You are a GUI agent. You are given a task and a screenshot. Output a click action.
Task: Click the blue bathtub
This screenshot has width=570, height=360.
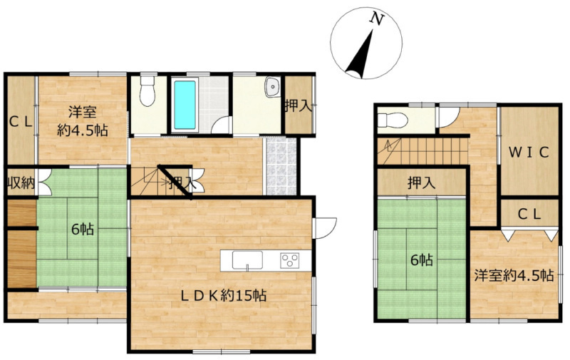pos(185,105)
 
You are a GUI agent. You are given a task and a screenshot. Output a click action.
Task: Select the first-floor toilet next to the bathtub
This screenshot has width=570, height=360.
pos(147,91)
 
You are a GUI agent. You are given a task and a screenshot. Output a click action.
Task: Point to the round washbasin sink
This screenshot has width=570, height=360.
pos(272,87)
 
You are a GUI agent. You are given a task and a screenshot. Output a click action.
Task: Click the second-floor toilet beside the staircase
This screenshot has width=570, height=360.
pos(392,120)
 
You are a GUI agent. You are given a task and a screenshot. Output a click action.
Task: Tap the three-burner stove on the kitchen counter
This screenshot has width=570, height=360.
pos(289,260)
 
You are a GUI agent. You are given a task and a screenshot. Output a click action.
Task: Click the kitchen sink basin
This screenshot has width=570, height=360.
pos(247,260)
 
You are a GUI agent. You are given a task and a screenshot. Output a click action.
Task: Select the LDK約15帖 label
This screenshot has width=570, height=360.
pos(224,295)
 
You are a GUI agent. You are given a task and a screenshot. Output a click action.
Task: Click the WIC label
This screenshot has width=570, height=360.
pos(529,153)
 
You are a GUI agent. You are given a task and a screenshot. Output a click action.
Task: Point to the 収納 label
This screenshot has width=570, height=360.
pos(21,183)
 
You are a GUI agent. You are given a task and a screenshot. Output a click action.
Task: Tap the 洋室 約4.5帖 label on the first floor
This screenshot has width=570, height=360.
pos(83,120)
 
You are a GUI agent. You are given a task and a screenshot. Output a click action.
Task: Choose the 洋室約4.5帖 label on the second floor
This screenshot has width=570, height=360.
pos(514,275)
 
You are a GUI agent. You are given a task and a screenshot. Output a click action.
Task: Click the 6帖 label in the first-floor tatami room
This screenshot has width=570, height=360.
pos(83,230)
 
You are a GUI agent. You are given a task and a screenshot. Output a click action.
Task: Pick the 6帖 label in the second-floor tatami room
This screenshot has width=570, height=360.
pos(421,260)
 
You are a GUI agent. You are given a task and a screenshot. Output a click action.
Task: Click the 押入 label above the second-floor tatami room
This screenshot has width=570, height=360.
pos(421,183)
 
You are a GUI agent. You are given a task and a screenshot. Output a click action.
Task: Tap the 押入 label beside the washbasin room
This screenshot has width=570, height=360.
pos(299,106)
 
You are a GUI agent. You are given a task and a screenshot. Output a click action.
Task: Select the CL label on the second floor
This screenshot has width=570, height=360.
pos(529,215)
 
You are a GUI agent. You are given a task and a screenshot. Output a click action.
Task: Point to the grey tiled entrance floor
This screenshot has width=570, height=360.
pos(281,166)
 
